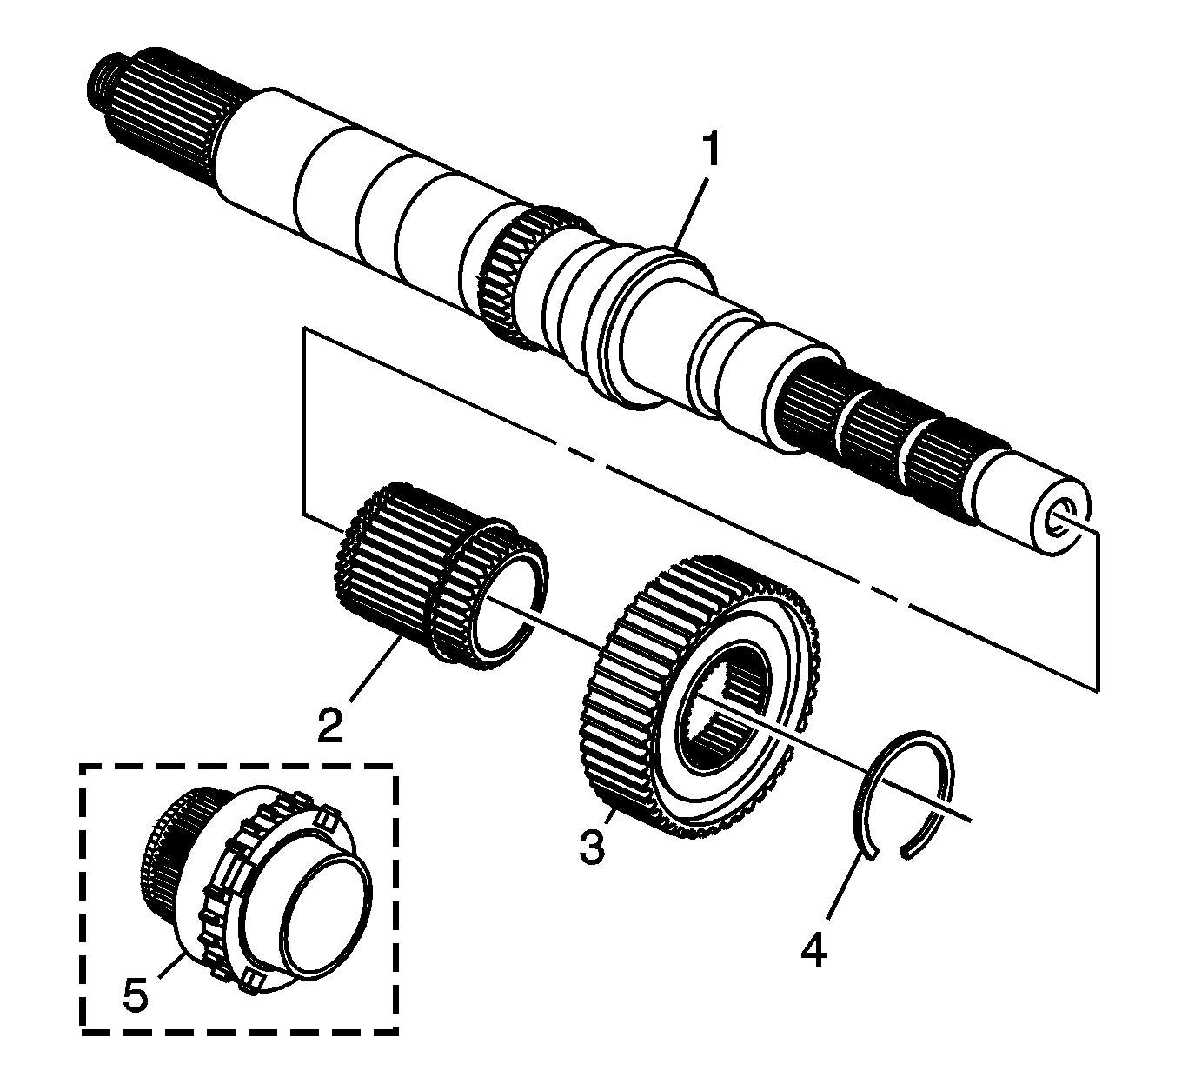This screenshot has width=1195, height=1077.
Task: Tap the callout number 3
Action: [x=592, y=846]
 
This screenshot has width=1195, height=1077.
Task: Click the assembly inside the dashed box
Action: [x=261, y=895]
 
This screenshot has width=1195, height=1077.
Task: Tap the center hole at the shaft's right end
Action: [x=1062, y=518]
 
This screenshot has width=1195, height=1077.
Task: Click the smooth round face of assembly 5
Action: [x=326, y=913]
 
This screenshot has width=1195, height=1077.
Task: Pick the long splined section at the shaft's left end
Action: [x=165, y=122]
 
